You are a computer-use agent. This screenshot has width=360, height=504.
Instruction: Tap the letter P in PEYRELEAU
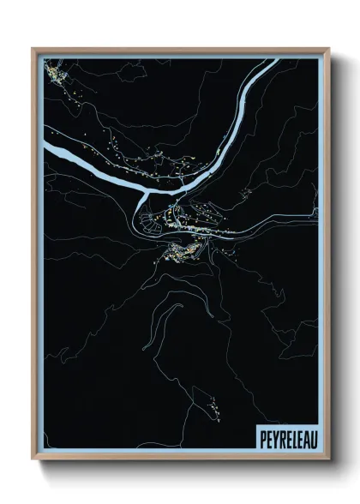click(261, 437)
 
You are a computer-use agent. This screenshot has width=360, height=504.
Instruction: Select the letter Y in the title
click(272, 437)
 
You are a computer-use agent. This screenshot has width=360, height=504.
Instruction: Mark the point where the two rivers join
click(141, 201)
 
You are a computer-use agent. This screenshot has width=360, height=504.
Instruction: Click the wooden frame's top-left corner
click(33, 49)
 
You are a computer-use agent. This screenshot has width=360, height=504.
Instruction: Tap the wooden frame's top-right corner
click(328, 49)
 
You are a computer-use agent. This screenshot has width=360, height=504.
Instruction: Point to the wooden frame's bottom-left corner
click(33, 460)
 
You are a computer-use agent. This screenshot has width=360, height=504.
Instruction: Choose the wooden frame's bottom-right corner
click(328, 460)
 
